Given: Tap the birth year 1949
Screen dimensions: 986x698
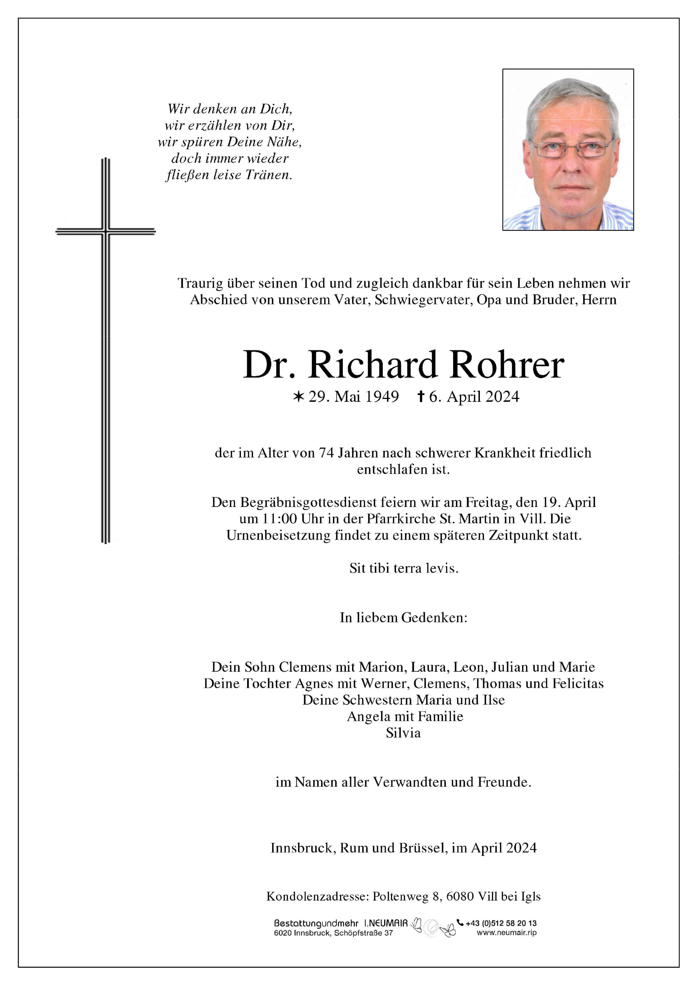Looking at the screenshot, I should pyautogui.click(x=382, y=397).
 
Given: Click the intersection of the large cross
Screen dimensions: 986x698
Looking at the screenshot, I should pyautogui.click(x=106, y=232).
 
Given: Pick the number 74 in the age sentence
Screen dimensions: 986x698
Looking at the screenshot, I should pyautogui.click(x=326, y=453).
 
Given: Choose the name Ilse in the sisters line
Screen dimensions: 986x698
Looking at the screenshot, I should pyautogui.click(x=493, y=700).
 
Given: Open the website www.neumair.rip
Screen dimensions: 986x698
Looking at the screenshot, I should pyautogui.click(x=506, y=932).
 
